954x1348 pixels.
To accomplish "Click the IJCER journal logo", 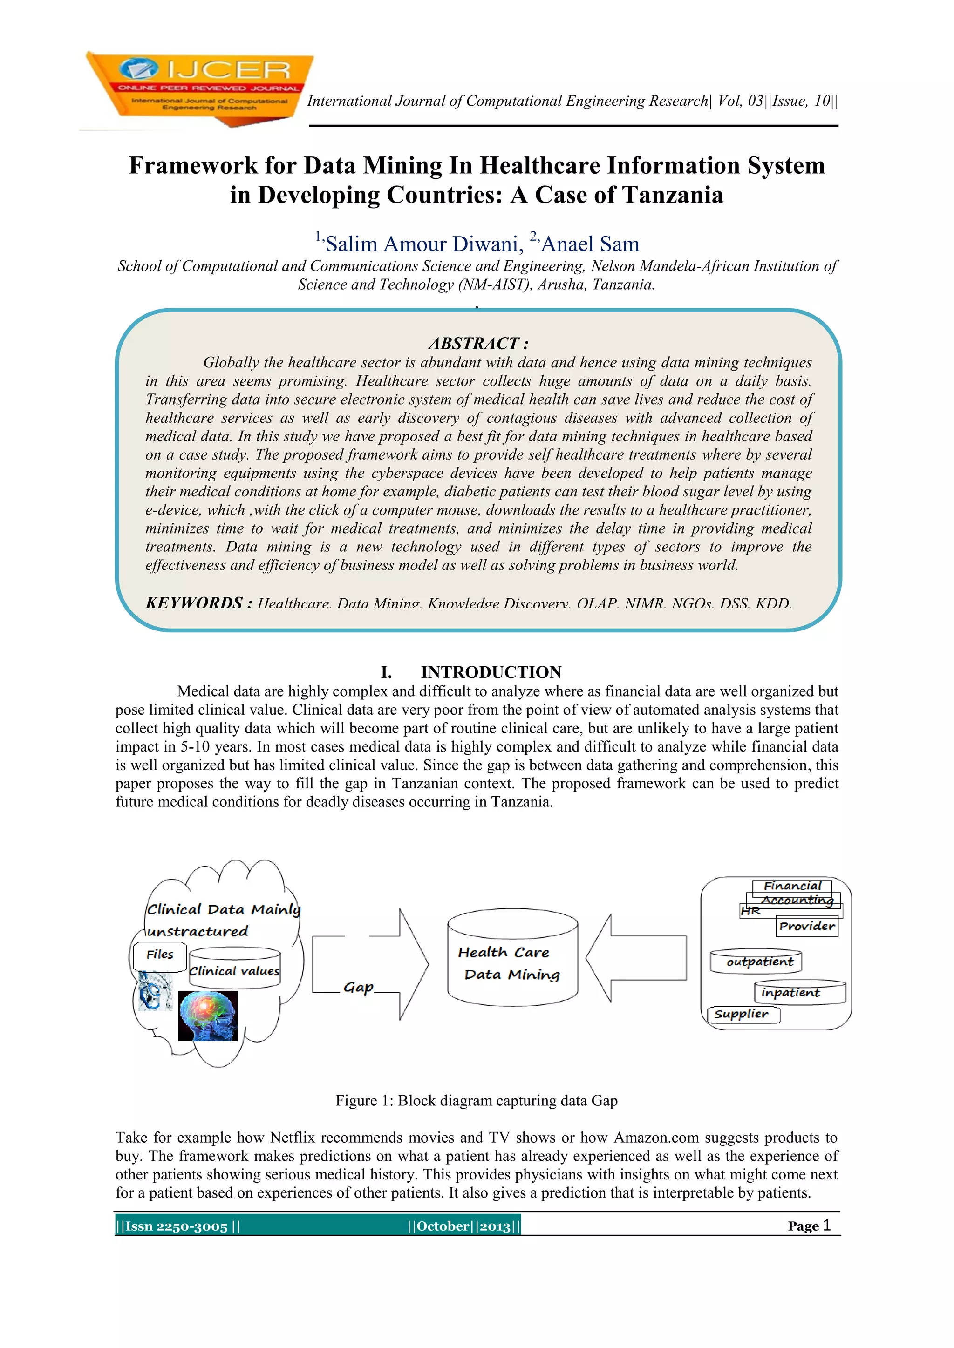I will pyautogui.click(x=198, y=88).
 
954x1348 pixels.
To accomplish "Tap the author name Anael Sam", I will pyautogui.click(x=590, y=244).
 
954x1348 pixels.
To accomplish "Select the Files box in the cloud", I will pyautogui.click(x=160, y=955).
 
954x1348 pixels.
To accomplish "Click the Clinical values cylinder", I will pyautogui.click(x=234, y=969).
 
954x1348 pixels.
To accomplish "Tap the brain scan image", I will pyautogui.click(x=207, y=1015).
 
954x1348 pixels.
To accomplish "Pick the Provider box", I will pyautogui.click(x=807, y=927).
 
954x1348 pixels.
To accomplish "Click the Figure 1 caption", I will pyautogui.click(x=477, y=1100).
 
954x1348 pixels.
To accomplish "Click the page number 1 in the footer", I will pyautogui.click(x=826, y=1225).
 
